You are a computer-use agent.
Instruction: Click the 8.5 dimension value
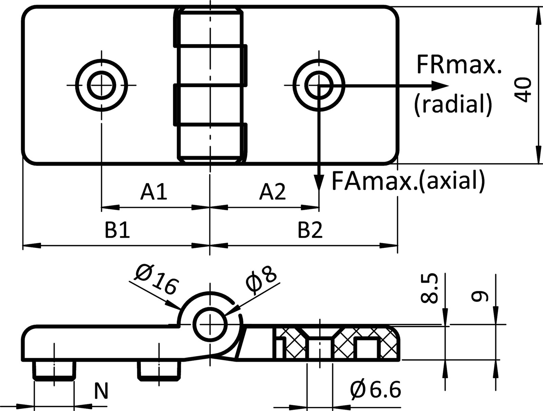429,289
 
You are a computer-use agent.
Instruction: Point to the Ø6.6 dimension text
376,390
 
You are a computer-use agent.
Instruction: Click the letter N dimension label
101,391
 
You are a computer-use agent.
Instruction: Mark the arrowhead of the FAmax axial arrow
318,183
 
